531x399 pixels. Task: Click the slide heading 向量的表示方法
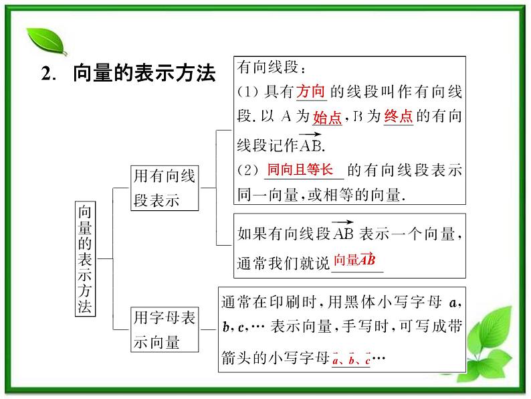point(143,74)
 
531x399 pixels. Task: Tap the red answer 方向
point(311,91)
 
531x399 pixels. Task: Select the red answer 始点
point(328,118)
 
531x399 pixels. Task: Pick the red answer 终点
point(398,116)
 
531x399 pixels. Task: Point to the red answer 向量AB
point(354,260)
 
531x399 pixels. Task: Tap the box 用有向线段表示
point(165,188)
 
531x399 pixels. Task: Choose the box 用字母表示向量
point(165,329)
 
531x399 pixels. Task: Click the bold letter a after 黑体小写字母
point(452,303)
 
